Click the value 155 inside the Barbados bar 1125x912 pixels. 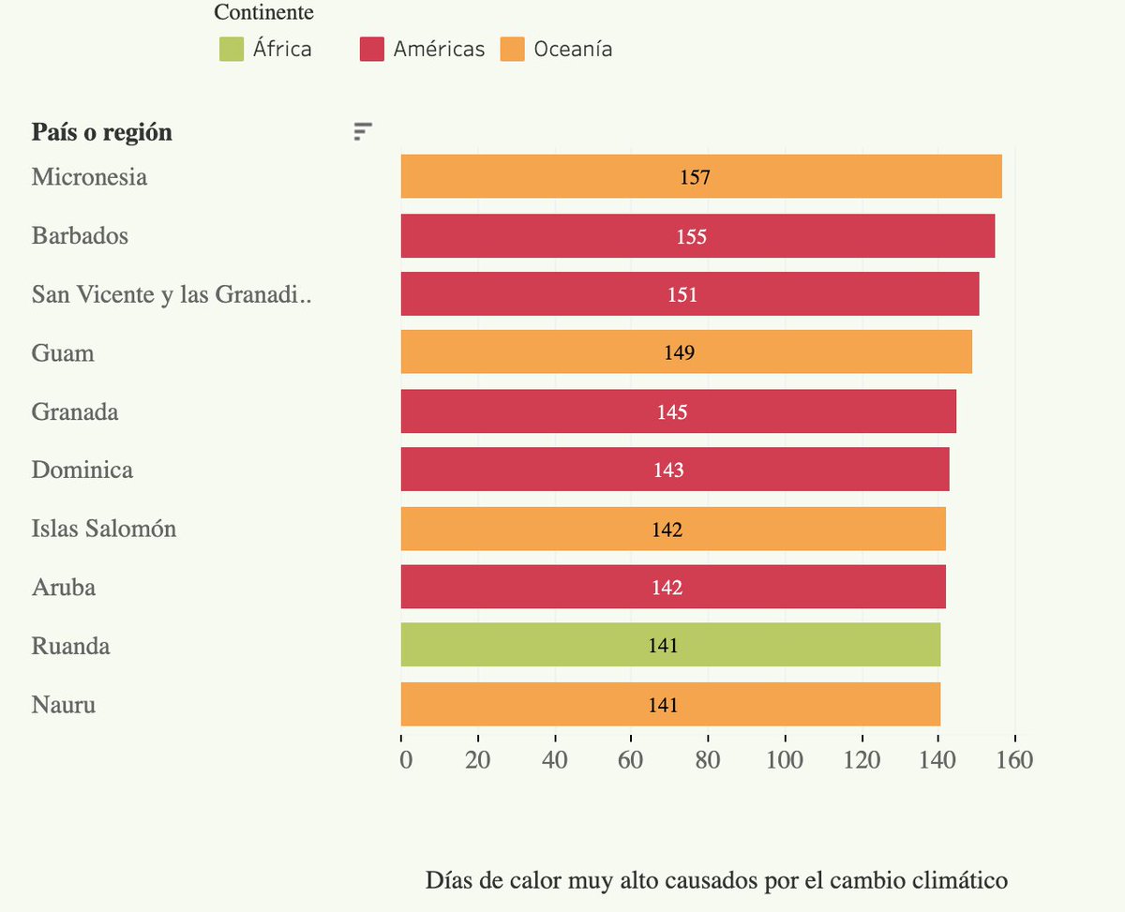click(x=691, y=236)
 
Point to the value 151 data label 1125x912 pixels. click(x=682, y=295)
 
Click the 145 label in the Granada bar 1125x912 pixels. click(x=672, y=412)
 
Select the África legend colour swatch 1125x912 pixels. click(x=232, y=49)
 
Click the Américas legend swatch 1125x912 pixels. click(x=372, y=49)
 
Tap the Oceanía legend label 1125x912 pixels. click(x=573, y=49)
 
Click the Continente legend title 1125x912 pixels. click(x=263, y=13)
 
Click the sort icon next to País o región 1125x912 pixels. click(x=363, y=132)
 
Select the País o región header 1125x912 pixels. click(x=102, y=132)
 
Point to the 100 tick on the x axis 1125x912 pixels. click(x=784, y=759)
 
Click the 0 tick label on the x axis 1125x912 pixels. click(x=406, y=759)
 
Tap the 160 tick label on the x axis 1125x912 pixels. click(x=1013, y=759)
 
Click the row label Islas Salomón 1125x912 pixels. click(x=104, y=529)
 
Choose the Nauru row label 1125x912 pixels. click(x=64, y=704)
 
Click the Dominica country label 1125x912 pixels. click(x=82, y=470)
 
